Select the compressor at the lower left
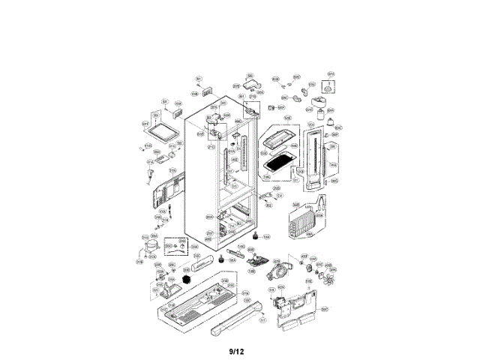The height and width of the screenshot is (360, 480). [148, 245]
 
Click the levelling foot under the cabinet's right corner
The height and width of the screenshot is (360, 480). [258, 237]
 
